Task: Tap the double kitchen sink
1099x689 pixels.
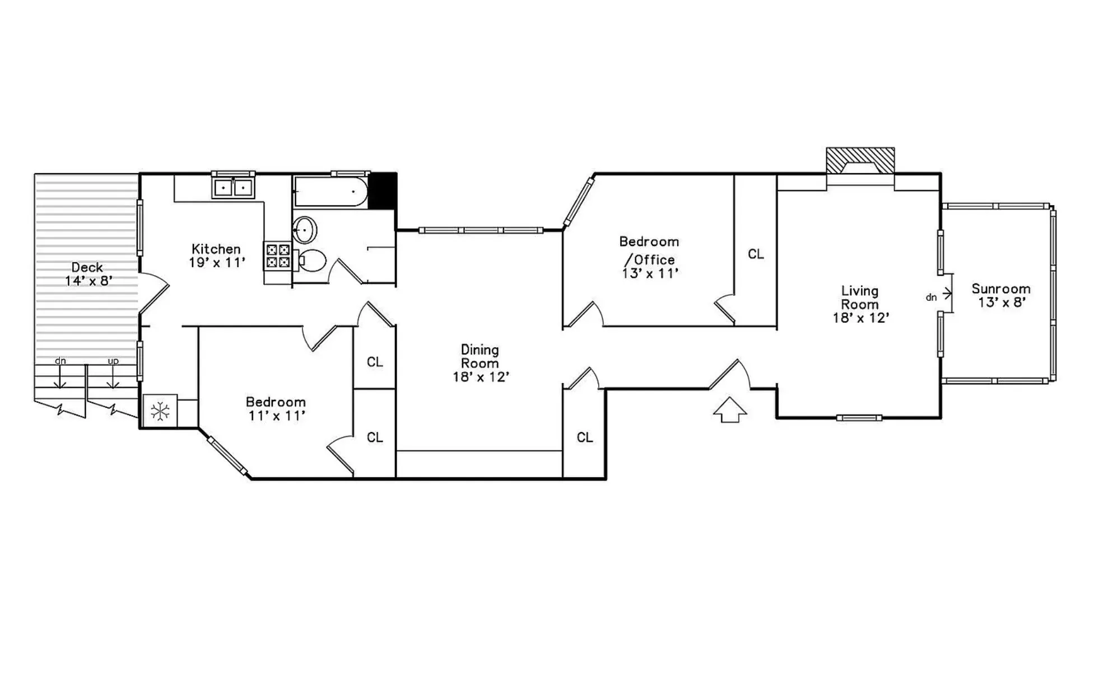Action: tap(232, 188)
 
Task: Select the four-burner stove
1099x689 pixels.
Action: tap(277, 256)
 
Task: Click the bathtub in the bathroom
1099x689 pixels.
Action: tap(330, 192)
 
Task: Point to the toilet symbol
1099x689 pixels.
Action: tap(311, 260)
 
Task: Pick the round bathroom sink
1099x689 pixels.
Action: tap(305, 230)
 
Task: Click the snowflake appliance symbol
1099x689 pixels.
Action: tap(160, 412)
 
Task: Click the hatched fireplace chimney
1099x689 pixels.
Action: tap(860, 160)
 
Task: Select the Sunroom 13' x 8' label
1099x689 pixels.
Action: tap(1001, 296)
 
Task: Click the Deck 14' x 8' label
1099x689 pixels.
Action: tap(87, 274)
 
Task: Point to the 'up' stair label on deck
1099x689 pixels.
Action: tap(113, 361)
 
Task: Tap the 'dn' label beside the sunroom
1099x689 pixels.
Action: tap(931, 297)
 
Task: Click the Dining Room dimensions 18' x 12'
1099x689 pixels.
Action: tap(480, 377)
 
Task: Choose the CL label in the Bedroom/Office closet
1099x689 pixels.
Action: tap(756, 254)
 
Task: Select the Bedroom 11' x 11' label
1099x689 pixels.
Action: tap(276, 408)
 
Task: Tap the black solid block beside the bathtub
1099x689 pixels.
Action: tap(383, 191)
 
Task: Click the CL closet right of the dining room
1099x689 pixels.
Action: tap(584, 437)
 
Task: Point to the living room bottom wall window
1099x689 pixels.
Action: tap(859, 417)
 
